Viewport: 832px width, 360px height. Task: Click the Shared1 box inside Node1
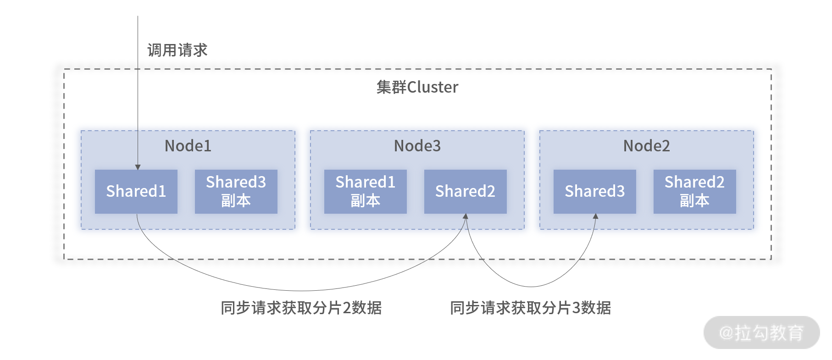pyautogui.click(x=136, y=192)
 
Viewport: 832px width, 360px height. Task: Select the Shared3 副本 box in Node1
pyautogui.click(x=236, y=192)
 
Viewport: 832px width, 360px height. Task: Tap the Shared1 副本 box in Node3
pyautogui.click(x=366, y=192)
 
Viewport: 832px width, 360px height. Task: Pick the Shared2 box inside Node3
pyautogui.click(x=466, y=192)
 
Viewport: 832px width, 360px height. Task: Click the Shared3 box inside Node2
pyautogui.click(x=595, y=192)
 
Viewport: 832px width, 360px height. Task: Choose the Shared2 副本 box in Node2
pyautogui.click(x=695, y=192)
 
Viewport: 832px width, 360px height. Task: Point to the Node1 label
pyautogui.click(x=188, y=146)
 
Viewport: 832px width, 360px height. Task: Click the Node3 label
pyautogui.click(x=417, y=146)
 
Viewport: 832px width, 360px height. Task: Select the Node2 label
pyautogui.click(x=647, y=146)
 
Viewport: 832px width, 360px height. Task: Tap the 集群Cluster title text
pyautogui.click(x=417, y=87)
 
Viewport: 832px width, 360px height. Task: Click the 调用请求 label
pyautogui.click(x=177, y=50)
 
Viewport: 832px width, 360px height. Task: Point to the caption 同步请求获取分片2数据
pyautogui.click(x=301, y=308)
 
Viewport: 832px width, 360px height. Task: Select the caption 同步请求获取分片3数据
pyautogui.click(x=531, y=308)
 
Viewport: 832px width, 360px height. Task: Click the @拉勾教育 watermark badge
pyautogui.click(x=762, y=332)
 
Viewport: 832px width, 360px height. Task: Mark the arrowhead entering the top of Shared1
pyautogui.click(x=138, y=167)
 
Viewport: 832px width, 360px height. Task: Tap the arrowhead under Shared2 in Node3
pyautogui.click(x=466, y=216)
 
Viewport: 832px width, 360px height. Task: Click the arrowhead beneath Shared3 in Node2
pyautogui.click(x=595, y=216)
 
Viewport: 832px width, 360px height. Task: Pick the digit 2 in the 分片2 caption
pyautogui.click(x=347, y=308)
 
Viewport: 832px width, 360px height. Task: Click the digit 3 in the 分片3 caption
pyautogui.click(x=576, y=308)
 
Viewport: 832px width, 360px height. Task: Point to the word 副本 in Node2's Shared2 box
pyautogui.click(x=695, y=201)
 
